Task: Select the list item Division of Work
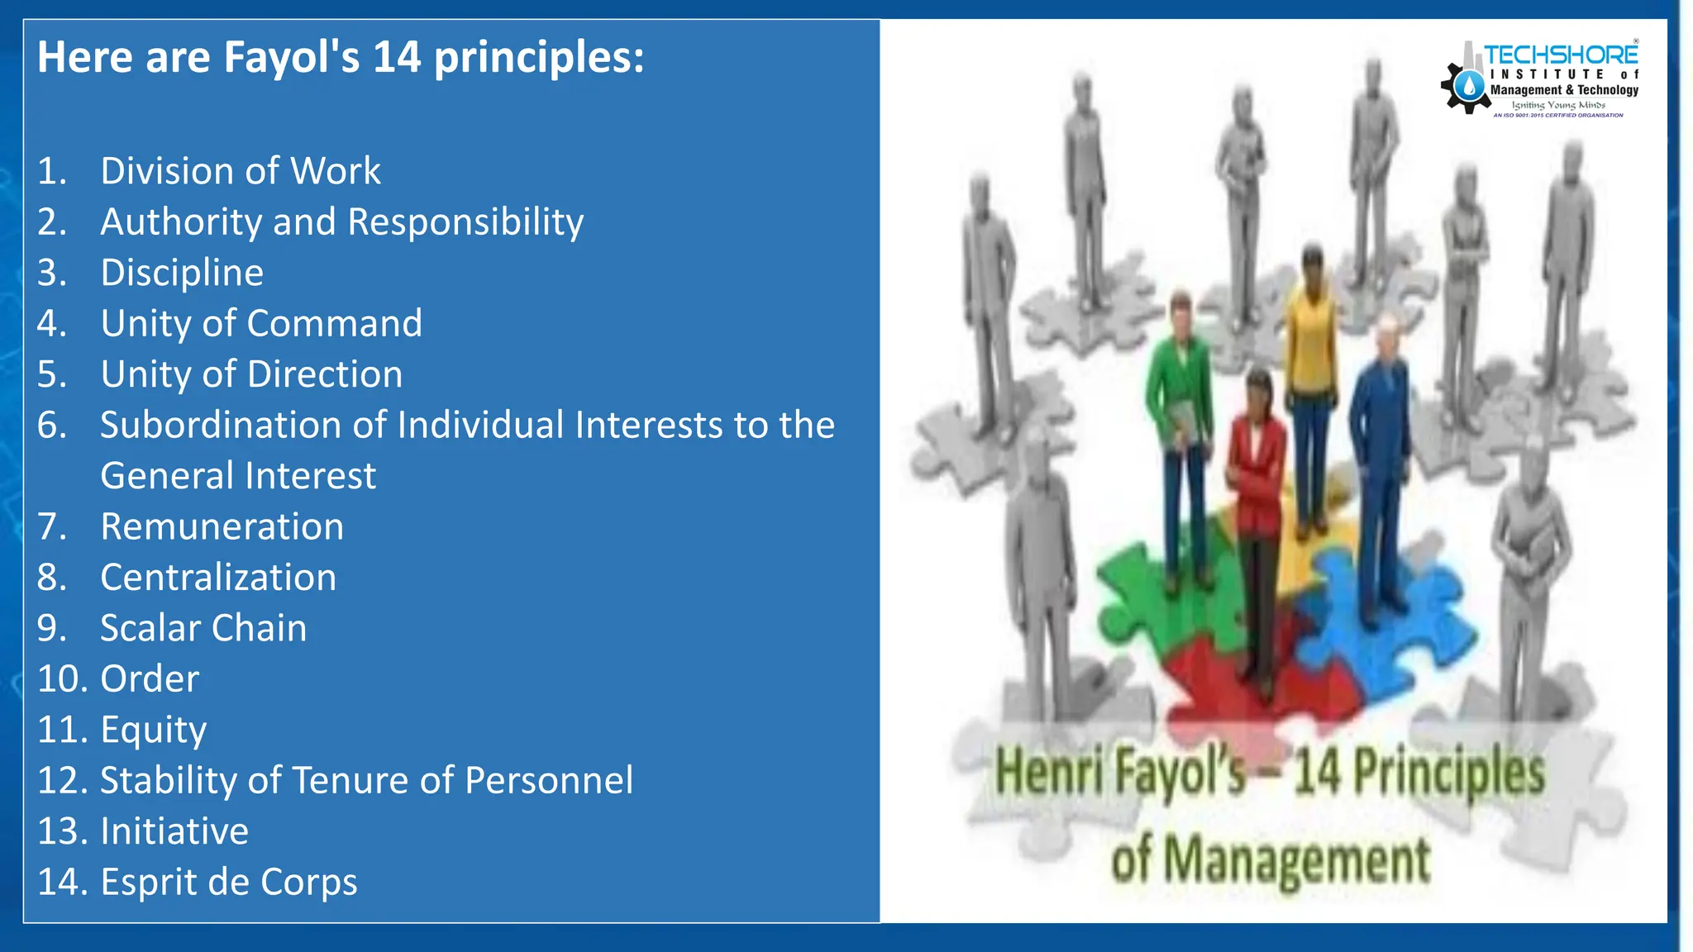(240, 171)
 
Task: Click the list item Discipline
(182, 273)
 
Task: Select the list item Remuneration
(222, 527)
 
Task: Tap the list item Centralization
(218, 578)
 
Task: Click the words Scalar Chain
(203, 628)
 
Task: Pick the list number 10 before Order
(63, 679)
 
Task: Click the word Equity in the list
(153, 731)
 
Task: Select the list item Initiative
(174, 831)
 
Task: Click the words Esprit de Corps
(229, 882)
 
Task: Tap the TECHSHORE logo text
(1560, 55)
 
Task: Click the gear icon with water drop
(1467, 87)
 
